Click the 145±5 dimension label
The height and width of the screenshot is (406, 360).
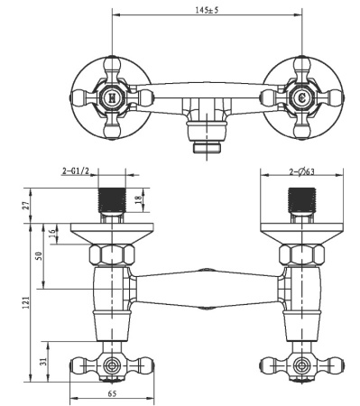click(x=207, y=10)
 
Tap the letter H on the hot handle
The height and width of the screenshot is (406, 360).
click(x=112, y=98)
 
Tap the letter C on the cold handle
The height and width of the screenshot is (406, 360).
click(x=302, y=98)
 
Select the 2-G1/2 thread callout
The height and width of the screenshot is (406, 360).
click(x=76, y=171)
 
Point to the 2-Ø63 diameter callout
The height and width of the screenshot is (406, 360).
click(x=301, y=172)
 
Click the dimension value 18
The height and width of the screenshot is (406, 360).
click(x=139, y=200)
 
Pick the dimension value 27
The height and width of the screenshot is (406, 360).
click(x=27, y=206)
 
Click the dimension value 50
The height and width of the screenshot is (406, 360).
click(x=39, y=255)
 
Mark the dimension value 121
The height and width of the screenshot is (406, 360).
click(x=26, y=302)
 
